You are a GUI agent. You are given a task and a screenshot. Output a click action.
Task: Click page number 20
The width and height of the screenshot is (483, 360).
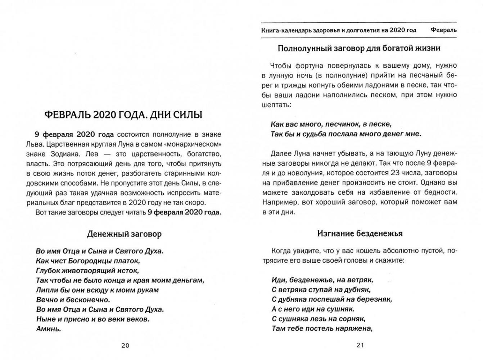click(125, 346)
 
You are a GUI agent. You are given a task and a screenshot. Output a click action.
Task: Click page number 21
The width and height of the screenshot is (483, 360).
click(360, 345)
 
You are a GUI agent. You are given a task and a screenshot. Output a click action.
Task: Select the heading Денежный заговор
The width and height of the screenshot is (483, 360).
click(124, 234)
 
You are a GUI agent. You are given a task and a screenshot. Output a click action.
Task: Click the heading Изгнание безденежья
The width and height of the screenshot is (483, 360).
click(360, 234)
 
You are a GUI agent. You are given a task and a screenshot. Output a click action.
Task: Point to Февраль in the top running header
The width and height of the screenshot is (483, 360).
click(443, 30)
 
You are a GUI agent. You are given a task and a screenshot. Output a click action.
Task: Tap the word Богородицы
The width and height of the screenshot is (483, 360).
click(87, 261)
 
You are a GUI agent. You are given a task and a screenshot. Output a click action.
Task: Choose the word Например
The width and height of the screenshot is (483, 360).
click(279, 202)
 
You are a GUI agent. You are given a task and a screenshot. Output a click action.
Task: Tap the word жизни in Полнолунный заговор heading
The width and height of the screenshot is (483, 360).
click(428, 48)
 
